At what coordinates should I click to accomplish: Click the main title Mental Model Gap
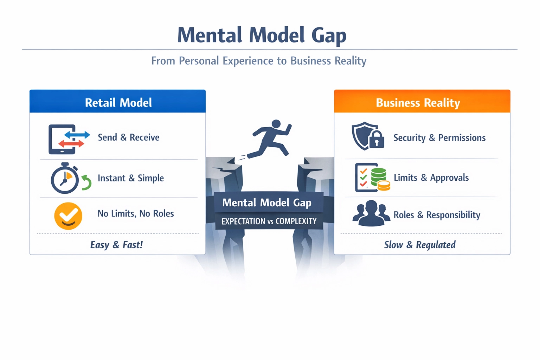pyautogui.click(x=262, y=35)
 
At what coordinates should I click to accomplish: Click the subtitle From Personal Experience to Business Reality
pyautogui.click(x=259, y=61)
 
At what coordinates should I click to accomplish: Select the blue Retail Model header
pyautogui.click(x=118, y=102)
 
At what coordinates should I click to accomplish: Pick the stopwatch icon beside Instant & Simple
pyautogui.click(x=65, y=179)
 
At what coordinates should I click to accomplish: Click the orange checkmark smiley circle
pyautogui.click(x=68, y=216)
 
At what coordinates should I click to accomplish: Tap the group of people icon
pyautogui.click(x=371, y=213)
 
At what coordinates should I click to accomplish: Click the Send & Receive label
pyautogui.click(x=128, y=137)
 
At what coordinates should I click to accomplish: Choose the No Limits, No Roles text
pyautogui.click(x=136, y=213)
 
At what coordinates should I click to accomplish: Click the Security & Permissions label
pyautogui.click(x=439, y=138)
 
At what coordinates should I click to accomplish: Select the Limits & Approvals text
pyautogui.click(x=431, y=178)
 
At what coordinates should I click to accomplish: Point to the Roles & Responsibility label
pyautogui.click(x=437, y=215)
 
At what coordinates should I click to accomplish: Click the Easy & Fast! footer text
pyautogui.click(x=116, y=245)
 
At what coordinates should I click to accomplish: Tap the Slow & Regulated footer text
pyautogui.click(x=420, y=245)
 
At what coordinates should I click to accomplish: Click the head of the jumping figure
pyautogui.click(x=276, y=124)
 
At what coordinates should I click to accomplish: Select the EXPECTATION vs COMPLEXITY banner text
pyautogui.click(x=269, y=221)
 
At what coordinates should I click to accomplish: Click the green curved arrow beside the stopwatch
pyautogui.click(x=86, y=182)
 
